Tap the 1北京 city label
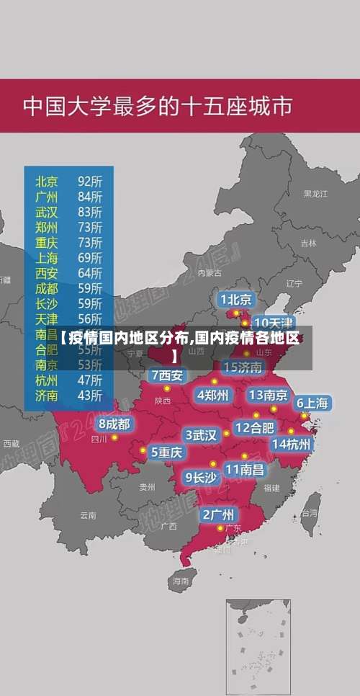(235, 299)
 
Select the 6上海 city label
(312, 403)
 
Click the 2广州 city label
(217, 514)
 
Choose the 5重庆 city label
(166, 452)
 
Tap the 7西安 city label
(167, 375)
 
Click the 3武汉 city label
(201, 435)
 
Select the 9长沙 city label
(201, 477)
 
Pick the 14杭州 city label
(292, 444)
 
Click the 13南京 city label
(268, 395)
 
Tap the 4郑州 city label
(212, 395)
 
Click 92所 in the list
(90, 180)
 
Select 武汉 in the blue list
(47, 211)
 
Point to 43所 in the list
(90, 395)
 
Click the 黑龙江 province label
(315, 194)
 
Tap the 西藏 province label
(11, 443)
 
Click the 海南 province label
(180, 580)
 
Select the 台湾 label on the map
(310, 514)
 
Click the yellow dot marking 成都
(114, 437)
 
